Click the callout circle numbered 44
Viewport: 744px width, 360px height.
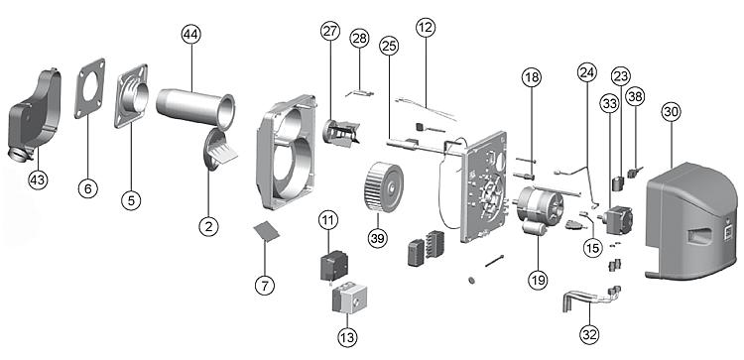click(191, 35)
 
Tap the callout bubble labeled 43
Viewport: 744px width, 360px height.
click(39, 180)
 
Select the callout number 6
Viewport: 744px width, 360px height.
click(87, 188)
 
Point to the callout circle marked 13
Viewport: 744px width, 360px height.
click(347, 338)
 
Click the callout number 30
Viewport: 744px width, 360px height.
click(671, 112)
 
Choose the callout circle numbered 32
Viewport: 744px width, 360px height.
click(589, 335)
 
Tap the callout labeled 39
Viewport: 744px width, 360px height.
click(378, 238)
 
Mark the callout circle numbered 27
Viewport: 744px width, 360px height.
click(330, 32)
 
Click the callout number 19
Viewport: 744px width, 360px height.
click(538, 280)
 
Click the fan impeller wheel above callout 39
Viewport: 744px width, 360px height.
click(383, 186)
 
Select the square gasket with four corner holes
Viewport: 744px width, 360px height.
click(89, 88)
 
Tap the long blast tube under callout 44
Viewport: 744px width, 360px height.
click(195, 108)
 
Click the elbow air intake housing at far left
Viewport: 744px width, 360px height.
click(35, 116)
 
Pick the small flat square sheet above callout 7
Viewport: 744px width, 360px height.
click(267, 231)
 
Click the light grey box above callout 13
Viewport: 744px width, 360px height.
click(350, 298)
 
